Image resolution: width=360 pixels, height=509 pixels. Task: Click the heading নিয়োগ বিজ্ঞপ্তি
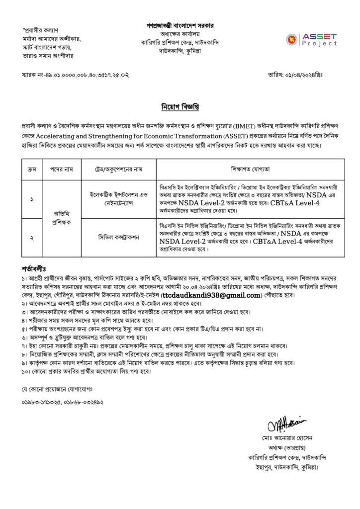(180, 107)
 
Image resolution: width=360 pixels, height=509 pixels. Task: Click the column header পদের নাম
(61, 170)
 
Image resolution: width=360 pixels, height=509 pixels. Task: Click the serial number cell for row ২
(31, 238)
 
